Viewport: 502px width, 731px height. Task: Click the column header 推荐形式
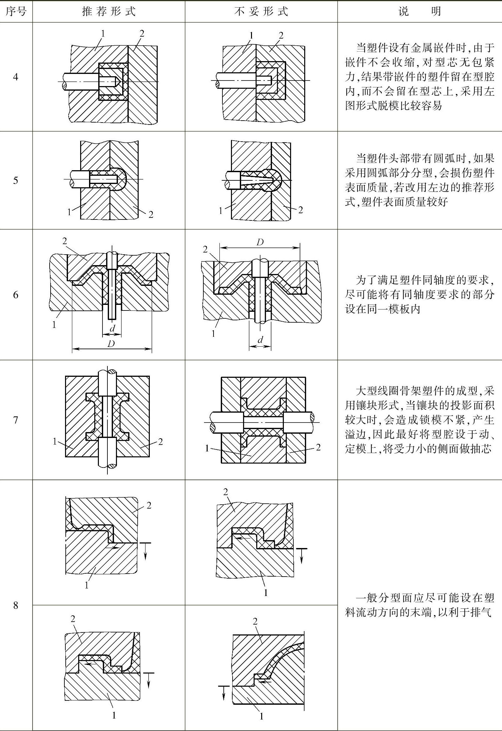[109, 11]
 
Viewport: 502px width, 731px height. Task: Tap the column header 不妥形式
[261, 11]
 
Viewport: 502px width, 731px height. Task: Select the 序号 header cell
[16, 11]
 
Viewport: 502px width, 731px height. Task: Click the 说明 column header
[420, 11]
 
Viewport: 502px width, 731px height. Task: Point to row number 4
[16, 77]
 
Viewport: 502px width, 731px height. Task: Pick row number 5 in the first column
[16, 180]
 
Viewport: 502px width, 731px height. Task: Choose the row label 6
[16, 295]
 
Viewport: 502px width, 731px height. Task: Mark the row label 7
[16, 420]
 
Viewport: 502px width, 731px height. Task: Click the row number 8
[16, 605]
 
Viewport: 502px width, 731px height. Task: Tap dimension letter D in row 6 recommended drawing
[111, 344]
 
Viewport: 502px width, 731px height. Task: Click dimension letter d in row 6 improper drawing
[260, 340]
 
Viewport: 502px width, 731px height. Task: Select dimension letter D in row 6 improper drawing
[260, 242]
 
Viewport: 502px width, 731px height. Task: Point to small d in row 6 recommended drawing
[112, 328]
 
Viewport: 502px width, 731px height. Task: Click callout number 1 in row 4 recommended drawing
[103, 33]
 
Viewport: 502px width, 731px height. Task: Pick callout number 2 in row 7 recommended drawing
[160, 442]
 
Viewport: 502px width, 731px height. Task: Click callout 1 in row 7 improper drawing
[207, 448]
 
